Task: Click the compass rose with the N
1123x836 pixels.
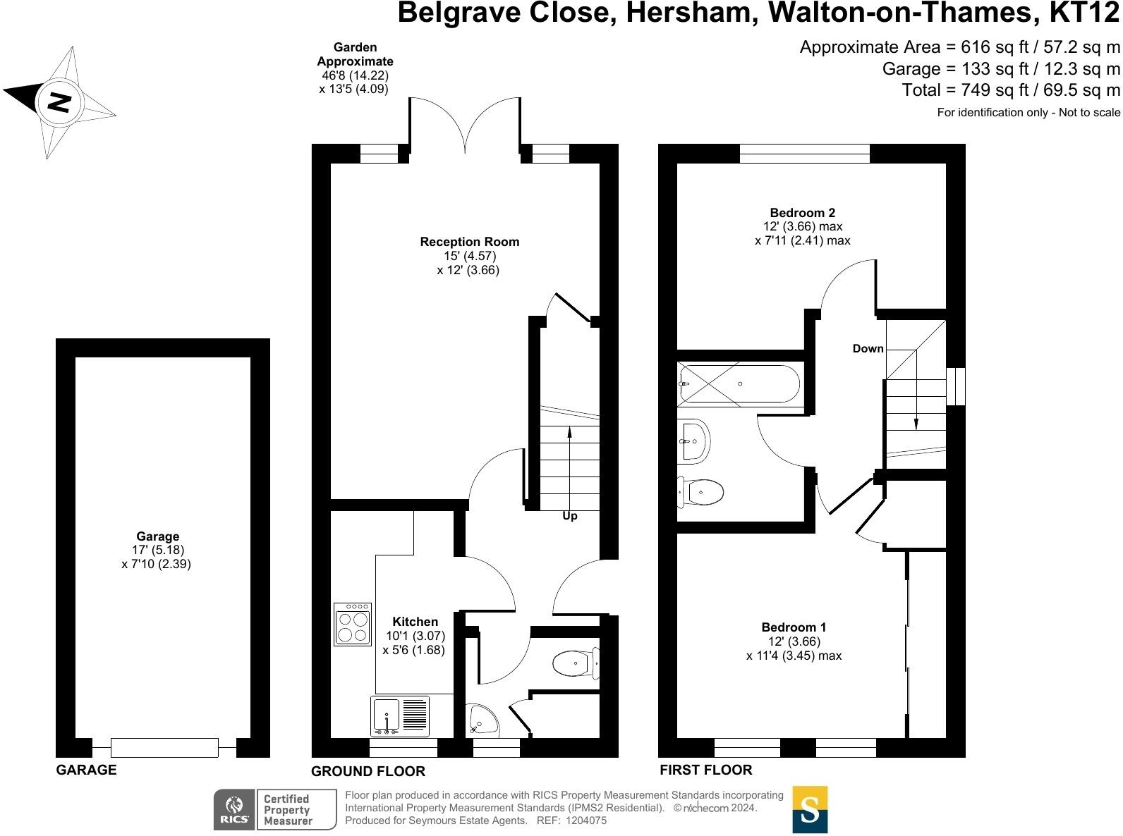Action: (59, 103)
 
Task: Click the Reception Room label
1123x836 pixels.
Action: (469, 242)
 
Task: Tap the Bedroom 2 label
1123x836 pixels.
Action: (802, 213)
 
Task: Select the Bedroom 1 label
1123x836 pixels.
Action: (794, 627)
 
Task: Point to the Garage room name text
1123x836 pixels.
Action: (158, 536)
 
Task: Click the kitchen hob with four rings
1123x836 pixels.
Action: (353, 624)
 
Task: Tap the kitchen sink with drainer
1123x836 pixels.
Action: (399, 716)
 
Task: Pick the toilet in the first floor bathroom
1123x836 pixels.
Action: (701, 492)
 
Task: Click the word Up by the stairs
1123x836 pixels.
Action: (570, 516)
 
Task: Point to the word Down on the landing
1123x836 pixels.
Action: (868, 349)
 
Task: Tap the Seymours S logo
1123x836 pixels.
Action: (810, 809)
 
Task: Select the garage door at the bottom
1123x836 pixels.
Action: (164, 747)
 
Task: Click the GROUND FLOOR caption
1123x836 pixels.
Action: (368, 771)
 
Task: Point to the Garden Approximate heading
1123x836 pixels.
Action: (355, 54)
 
